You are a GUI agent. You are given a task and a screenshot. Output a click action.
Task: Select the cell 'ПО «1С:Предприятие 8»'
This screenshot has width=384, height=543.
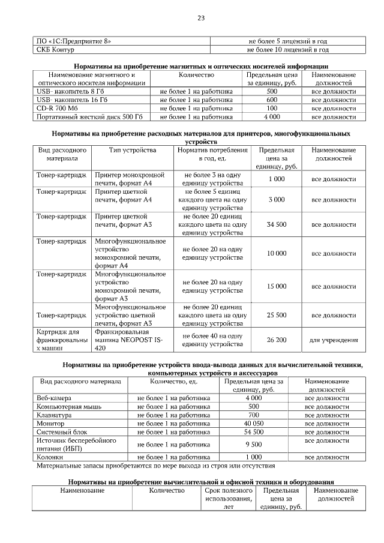pos(74,41)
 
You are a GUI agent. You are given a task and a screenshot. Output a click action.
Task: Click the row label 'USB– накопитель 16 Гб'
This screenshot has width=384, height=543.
pos(72,100)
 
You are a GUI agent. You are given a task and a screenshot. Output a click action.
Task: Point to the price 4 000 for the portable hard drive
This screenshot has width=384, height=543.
pos(272,116)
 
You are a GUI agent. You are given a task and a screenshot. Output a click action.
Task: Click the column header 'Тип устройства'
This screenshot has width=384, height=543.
pos(133,149)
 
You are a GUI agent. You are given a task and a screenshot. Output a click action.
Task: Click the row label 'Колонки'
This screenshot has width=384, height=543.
pos(50,457)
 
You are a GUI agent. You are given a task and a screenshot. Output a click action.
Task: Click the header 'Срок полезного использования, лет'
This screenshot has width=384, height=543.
pos(224,499)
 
